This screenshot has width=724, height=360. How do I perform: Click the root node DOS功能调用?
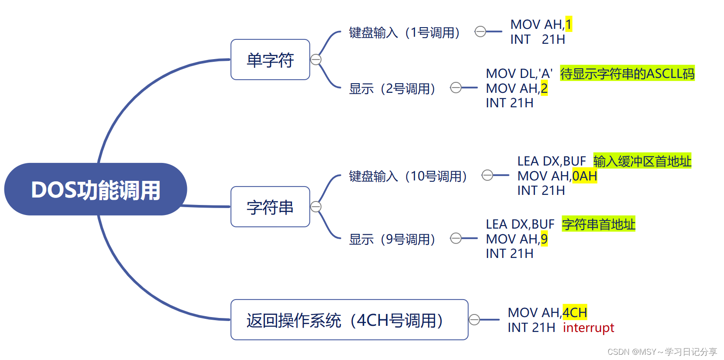click(x=95, y=190)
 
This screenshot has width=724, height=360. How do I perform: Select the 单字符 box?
click(x=270, y=60)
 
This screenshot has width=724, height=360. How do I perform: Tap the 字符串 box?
click(x=270, y=207)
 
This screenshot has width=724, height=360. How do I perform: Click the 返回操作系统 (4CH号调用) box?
click(x=349, y=320)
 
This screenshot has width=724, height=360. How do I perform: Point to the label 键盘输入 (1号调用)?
click(x=404, y=32)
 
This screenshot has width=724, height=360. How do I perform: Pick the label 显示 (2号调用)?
click(x=392, y=88)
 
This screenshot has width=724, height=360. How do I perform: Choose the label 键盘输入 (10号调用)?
click(x=408, y=176)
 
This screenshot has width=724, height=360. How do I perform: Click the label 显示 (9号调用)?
click(x=392, y=239)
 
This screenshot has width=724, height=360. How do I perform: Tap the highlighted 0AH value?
click(x=584, y=176)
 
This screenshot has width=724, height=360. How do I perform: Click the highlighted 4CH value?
click(x=574, y=313)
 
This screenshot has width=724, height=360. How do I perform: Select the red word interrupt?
click(x=588, y=328)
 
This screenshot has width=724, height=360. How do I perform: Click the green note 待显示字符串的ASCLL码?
click(x=627, y=74)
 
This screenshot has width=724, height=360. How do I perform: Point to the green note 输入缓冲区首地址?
click(x=642, y=161)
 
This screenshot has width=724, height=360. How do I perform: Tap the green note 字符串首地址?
click(x=598, y=224)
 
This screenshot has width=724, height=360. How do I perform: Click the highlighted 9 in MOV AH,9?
click(x=544, y=239)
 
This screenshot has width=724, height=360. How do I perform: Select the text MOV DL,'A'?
click(x=519, y=74)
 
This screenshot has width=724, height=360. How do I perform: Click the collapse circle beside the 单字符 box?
click(x=316, y=60)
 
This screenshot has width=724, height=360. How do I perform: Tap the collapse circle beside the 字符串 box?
click(x=316, y=207)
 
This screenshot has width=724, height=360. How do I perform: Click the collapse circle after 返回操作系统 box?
click(x=474, y=320)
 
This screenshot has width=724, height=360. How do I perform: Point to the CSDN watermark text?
click(x=662, y=352)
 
